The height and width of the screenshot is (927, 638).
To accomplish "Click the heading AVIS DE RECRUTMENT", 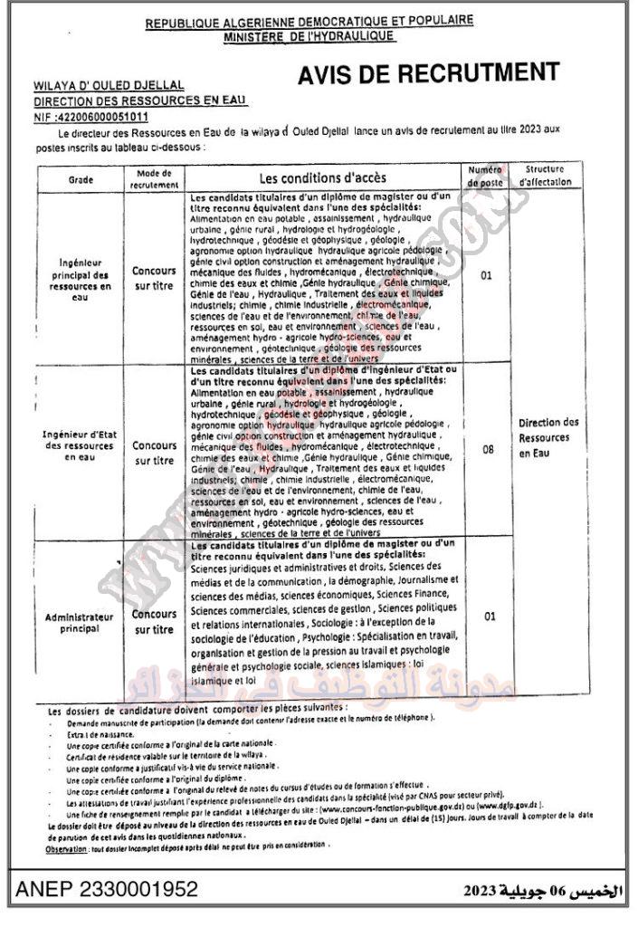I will (428, 74).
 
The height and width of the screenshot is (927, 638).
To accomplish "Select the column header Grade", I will (81, 180).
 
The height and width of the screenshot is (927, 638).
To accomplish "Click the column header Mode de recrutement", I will (154, 178).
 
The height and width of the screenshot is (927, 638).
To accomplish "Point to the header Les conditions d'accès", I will (322, 177).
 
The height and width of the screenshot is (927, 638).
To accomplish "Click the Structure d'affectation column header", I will (546, 176).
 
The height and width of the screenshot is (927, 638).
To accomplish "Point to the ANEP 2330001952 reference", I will (106, 890).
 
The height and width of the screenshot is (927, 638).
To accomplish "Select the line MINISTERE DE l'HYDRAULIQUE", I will (309, 35).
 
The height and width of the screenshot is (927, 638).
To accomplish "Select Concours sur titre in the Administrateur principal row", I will (154, 622).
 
